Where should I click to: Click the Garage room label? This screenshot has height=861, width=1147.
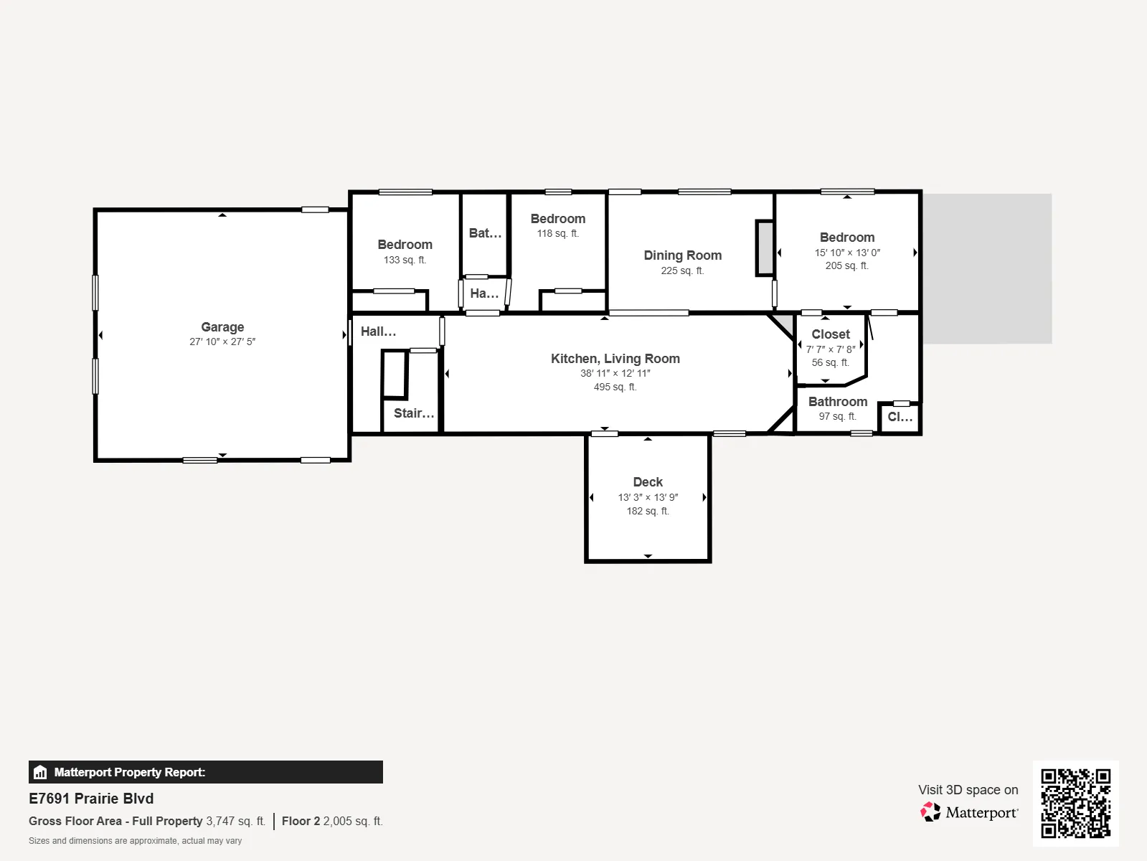(222, 327)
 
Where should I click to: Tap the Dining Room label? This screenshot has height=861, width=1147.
(682, 255)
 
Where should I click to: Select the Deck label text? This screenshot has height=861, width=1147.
(648, 482)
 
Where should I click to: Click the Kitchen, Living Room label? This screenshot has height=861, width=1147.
(615, 359)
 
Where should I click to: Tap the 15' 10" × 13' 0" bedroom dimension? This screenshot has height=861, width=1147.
(847, 253)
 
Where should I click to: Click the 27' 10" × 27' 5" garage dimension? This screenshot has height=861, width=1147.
(222, 342)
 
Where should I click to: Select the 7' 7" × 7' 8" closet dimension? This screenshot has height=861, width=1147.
(831, 349)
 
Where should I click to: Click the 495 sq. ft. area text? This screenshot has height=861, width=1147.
(615, 387)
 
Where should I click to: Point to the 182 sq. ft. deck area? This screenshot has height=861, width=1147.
(648, 511)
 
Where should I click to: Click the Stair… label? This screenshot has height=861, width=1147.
(414, 413)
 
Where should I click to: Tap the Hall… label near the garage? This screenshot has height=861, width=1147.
(378, 331)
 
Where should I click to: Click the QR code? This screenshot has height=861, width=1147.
(1075, 803)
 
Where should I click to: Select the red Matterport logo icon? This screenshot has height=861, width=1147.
(930, 812)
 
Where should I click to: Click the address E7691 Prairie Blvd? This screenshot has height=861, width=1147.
(91, 799)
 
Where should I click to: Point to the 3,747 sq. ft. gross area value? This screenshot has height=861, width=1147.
(236, 822)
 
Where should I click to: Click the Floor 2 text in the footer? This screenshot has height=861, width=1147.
(301, 822)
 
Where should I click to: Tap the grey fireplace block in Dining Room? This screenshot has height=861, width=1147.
(765, 248)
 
